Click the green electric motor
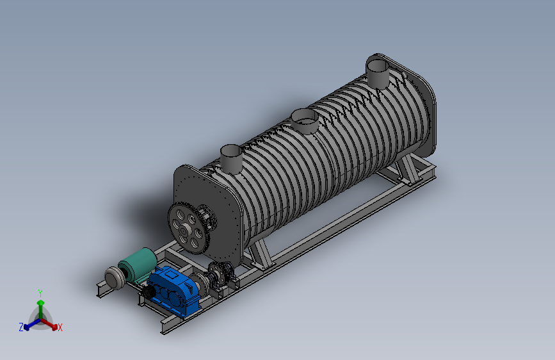tap(138, 265)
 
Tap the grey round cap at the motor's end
tap(113, 277)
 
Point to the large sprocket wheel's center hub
tap(184, 231)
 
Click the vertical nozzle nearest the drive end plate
tap(231, 158)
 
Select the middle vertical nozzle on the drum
tap(305, 120)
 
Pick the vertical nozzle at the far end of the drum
tap(378, 73)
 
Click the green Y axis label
tap(40, 293)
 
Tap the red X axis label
tap(60, 328)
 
